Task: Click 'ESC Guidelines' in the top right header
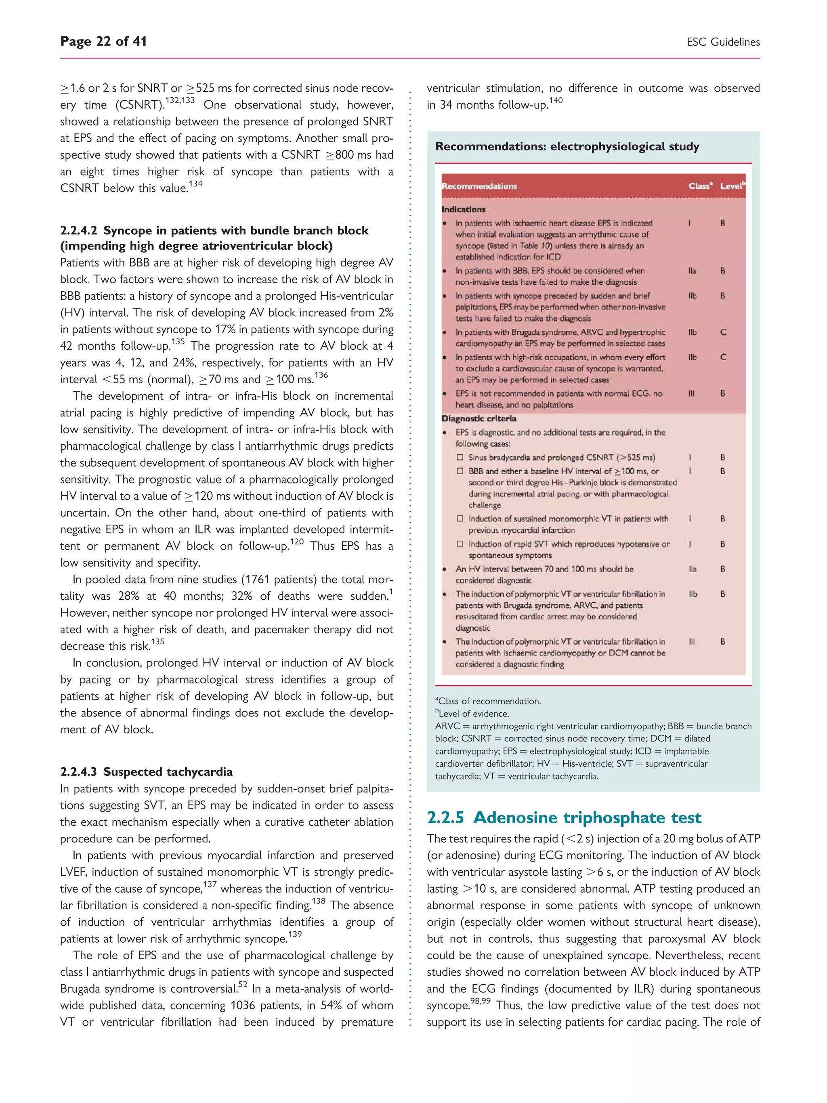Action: pyautogui.click(x=723, y=42)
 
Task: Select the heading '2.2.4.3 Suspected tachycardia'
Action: pyautogui.click(x=146, y=771)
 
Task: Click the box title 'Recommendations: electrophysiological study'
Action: pyautogui.click(x=567, y=147)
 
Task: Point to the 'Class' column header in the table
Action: pyautogui.click(x=699, y=186)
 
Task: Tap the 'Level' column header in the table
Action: pyautogui.click(x=731, y=186)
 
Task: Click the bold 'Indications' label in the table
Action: pyautogui.click(x=463, y=210)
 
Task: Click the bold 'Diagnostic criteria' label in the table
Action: pyautogui.click(x=479, y=418)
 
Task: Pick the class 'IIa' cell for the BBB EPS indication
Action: pyautogui.click(x=692, y=271)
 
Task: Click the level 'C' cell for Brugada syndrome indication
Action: pyautogui.click(x=723, y=332)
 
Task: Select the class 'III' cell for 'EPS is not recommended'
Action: pyautogui.click(x=691, y=393)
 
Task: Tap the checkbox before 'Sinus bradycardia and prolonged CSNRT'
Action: pyautogui.click(x=460, y=457)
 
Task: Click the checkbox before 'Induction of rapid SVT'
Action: pyautogui.click(x=460, y=544)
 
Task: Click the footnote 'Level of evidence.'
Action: pyautogui.click(x=472, y=714)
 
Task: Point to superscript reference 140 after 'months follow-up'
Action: pyautogui.click(x=555, y=101)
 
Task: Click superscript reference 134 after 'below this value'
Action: pyautogui.click(x=195, y=184)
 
